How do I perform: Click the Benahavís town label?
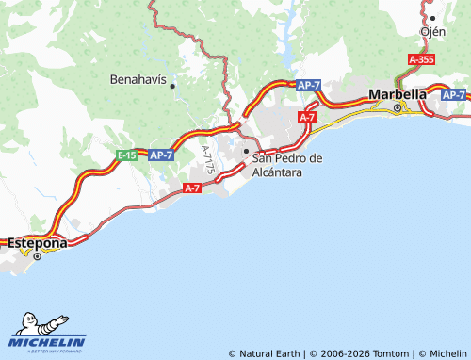click(x=138, y=80)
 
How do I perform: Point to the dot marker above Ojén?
click(x=432, y=18)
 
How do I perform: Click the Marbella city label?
click(x=398, y=94)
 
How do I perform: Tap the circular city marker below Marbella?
click(x=398, y=108)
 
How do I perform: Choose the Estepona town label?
click(x=38, y=242)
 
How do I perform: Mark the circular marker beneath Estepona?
click(x=38, y=255)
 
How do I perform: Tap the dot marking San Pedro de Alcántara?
click(x=246, y=151)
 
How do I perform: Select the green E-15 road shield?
click(x=128, y=155)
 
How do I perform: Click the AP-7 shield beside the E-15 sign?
click(x=161, y=155)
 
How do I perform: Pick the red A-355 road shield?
click(x=421, y=58)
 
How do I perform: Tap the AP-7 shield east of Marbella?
click(x=453, y=95)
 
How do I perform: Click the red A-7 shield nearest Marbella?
click(x=307, y=116)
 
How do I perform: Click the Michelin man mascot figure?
click(x=26, y=323)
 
